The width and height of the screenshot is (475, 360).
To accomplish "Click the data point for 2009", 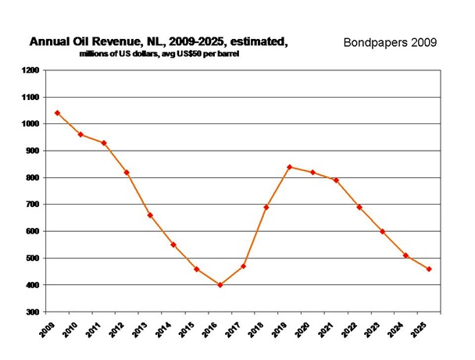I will pos(57,112).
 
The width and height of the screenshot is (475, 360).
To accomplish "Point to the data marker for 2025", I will pos(430,269).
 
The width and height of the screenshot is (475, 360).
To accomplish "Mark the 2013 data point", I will pos(150,215).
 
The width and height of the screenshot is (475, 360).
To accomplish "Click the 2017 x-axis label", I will pos(229,329).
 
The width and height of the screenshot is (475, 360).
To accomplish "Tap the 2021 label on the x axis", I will pos(322,329).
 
